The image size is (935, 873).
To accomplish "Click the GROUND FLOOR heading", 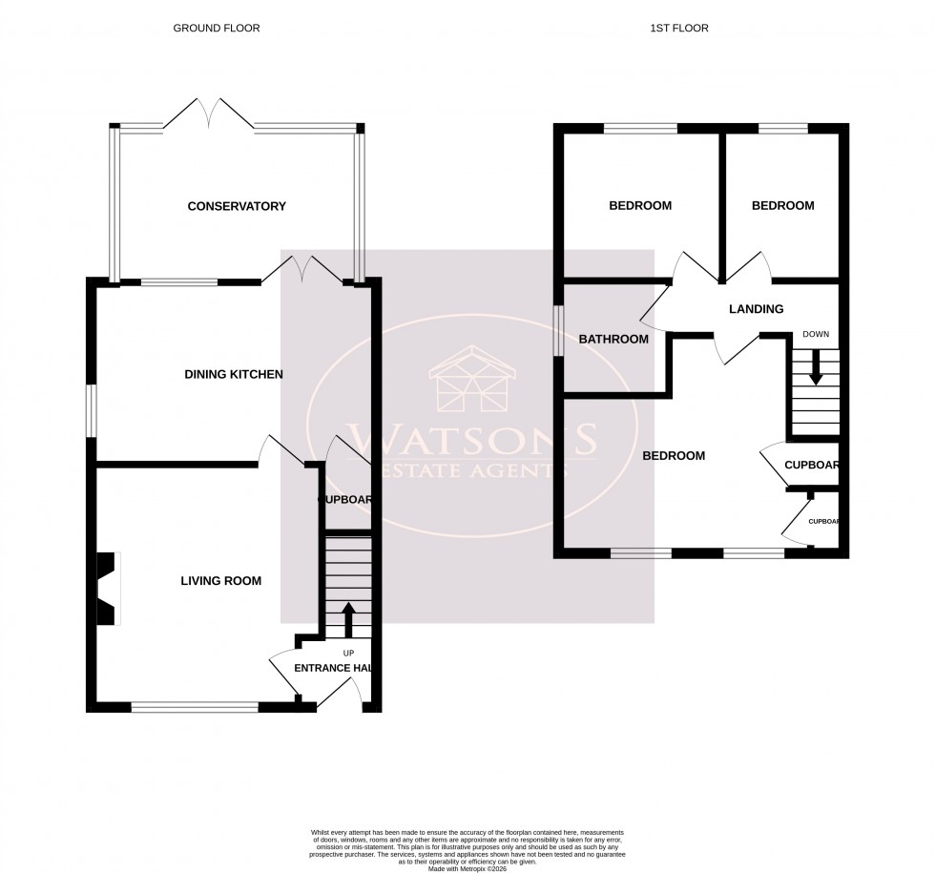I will [216, 29].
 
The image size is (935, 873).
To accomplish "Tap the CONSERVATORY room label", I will [237, 206].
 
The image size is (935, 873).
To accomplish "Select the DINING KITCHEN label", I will [234, 374].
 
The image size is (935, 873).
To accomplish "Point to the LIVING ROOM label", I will [222, 580].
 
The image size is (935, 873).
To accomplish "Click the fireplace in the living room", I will [107, 589].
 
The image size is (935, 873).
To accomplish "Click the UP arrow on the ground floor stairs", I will [347, 618].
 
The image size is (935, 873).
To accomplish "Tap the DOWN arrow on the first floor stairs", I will [815, 367].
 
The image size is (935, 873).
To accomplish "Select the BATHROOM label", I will [613, 339].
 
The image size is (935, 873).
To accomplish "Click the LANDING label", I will [756, 309].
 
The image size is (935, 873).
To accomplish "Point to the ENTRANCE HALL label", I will [331, 668].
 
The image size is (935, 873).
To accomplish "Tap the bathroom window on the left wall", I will [560, 330].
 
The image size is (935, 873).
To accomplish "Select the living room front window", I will [195, 707].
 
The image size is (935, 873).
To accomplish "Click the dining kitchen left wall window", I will [92, 410].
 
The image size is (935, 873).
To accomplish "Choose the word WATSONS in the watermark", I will [474, 441].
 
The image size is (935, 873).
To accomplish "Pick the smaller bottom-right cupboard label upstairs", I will [824, 522].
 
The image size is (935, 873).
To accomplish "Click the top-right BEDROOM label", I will [782, 206].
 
